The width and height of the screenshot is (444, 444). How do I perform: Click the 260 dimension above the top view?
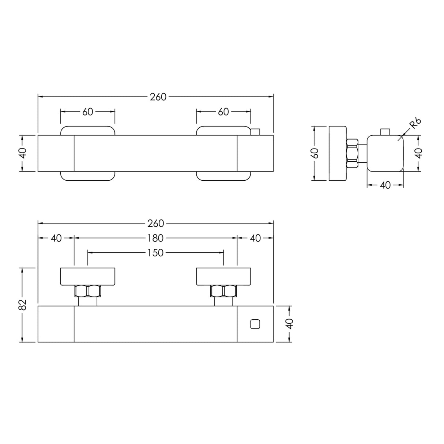pos(158,97)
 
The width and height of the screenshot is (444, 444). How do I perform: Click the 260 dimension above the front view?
pos(156,223)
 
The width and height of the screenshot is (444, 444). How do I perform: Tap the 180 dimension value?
pos(156,238)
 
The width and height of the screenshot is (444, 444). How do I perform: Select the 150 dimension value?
pos(156,253)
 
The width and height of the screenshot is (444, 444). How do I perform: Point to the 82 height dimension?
pos(23,305)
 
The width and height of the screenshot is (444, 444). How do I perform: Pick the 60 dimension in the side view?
pos(315,153)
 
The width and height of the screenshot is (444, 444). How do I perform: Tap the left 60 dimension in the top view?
pos(88,112)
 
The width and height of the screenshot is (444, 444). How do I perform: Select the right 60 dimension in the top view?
pos(223,112)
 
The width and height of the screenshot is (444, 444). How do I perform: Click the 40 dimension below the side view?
pos(385,185)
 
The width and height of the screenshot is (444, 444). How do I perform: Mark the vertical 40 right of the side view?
pos(419,153)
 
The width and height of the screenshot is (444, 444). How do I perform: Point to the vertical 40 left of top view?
pos(23,153)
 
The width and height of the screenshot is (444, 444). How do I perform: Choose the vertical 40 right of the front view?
pos(289,324)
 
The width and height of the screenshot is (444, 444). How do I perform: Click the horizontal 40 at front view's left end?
pos(56,238)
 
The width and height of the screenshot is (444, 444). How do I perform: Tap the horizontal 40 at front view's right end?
pos(255,238)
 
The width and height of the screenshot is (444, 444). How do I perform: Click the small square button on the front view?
pos(255,324)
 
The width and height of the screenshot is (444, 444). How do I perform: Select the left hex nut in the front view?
pos(88,291)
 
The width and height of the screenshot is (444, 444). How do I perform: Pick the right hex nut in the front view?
pos(223,291)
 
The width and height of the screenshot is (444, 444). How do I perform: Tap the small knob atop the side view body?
pos(385,132)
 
